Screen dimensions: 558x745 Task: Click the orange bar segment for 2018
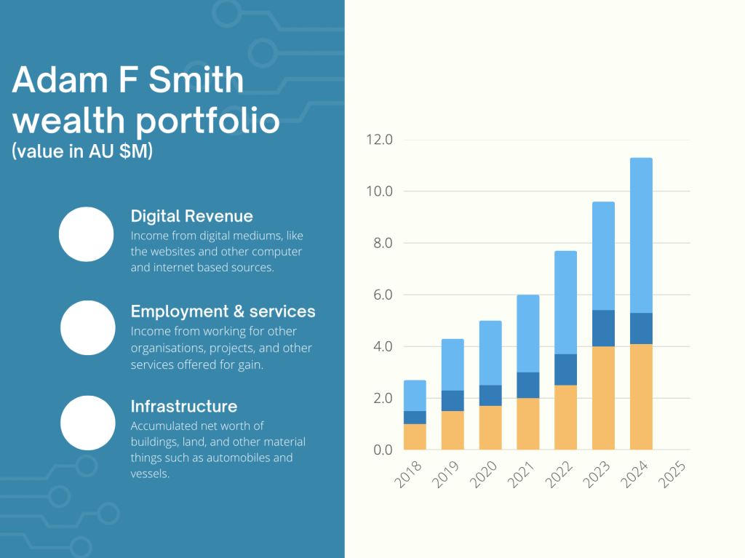[415, 437]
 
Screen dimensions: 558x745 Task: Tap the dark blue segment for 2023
[603, 328]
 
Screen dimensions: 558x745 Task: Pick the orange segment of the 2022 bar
[565, 417]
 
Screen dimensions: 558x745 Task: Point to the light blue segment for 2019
[453, 364]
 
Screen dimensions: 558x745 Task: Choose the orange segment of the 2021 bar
[528, 423]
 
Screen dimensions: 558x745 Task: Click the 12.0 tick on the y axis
[378, 140]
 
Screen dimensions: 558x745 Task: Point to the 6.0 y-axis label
[378, 295]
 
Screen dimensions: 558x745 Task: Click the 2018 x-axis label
[409, 477]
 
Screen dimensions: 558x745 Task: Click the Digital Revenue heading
[192, 216]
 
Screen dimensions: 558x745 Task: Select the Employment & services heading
[223, 311]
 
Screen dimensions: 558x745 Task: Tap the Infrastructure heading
[184, 406]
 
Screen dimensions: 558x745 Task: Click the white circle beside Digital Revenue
[86, 234]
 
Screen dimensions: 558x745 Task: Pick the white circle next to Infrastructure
[87, 423]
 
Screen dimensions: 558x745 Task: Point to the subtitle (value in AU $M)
[82, 152]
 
